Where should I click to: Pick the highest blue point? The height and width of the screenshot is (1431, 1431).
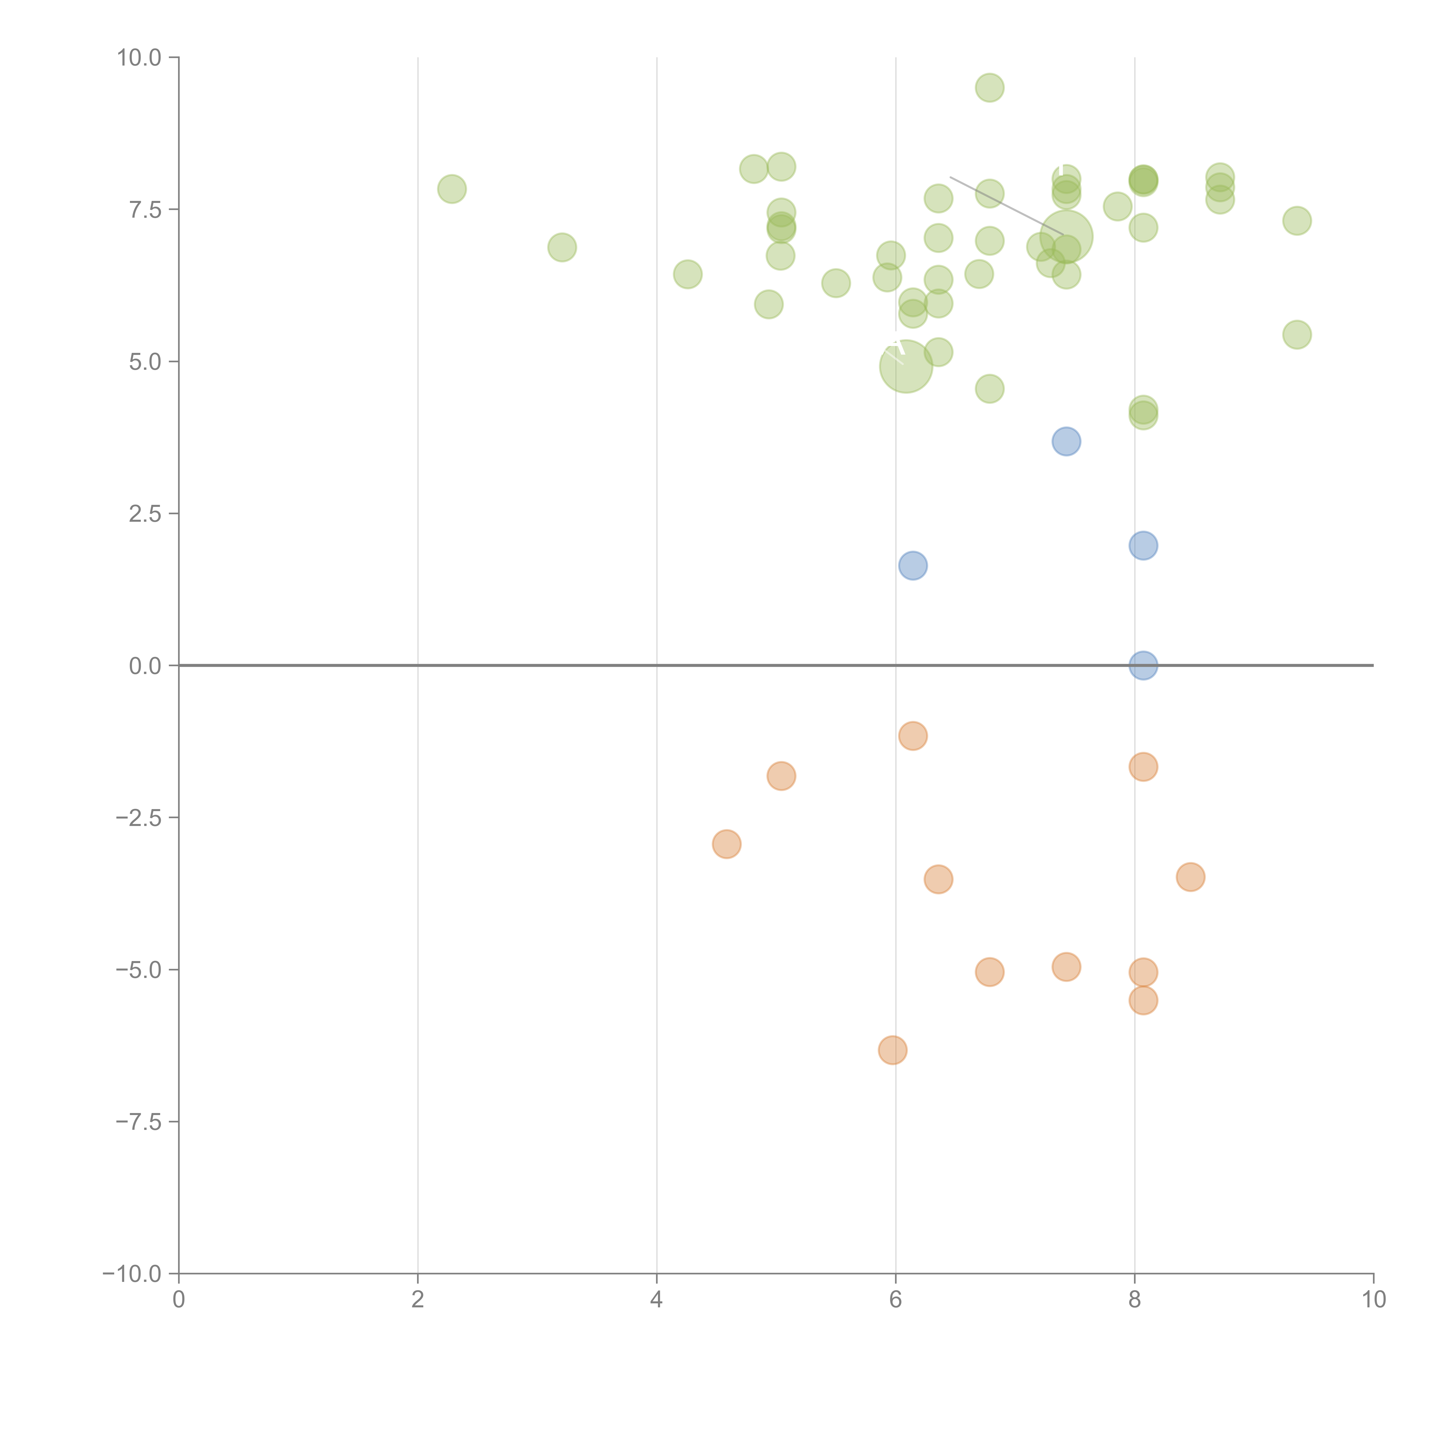pyautogui.click(x=1066, y=441)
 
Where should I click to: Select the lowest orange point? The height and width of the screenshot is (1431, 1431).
pyautogui.click(x=893, y=1049)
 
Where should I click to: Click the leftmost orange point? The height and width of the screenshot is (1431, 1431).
pyautogui.click(x=727, y=844)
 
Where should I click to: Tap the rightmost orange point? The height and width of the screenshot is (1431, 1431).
pyautogui.click(x=1190, y=877)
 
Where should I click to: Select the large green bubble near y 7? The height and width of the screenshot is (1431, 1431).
pyautogui.click(x=1066, y=237)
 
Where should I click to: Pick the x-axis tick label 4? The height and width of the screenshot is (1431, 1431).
pyautogui.click(x=656, y=1299)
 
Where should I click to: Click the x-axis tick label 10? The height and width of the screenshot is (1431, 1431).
pyautogui.click(x=1373, y=1299)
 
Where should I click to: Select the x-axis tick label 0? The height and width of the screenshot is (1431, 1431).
pyautogui.click(x=179, y=1299)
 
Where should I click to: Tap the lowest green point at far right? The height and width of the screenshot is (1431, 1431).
pyautogui.click(x=1296, y=335)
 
